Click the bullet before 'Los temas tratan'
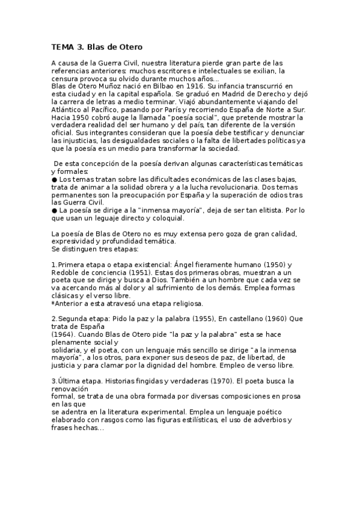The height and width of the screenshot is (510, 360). point(55,179)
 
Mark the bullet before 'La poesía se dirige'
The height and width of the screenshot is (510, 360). point(55,210)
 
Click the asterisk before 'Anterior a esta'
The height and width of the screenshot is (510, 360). point(53,303)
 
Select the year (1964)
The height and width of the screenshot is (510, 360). point(62,334)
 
